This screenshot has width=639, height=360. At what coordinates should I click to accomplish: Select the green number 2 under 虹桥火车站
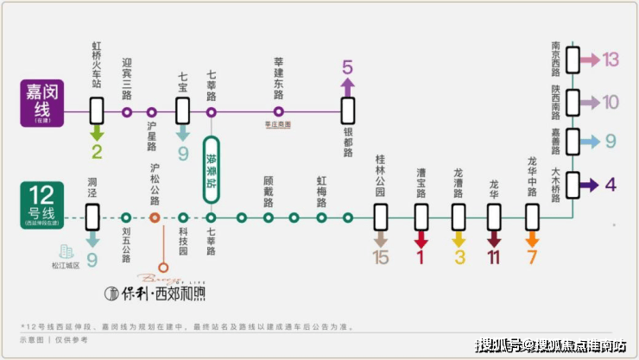(x=97, y=154)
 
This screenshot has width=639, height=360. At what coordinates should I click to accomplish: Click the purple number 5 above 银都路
(x=347, y=66)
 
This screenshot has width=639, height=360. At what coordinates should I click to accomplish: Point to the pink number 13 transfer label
(x=611, y=60)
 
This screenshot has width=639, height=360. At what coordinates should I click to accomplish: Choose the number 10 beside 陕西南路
(x=611, y=102)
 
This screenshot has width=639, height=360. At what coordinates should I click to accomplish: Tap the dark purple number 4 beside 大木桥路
(x=611, y=184)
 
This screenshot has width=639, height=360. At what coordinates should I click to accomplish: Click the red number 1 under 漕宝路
(x=421, y=256)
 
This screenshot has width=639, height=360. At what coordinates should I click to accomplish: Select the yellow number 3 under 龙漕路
(x=459, y=256)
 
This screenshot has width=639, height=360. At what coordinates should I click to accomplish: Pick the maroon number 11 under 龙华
(x=494, y=256)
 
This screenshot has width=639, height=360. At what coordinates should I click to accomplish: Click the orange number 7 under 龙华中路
(x=533, y=256)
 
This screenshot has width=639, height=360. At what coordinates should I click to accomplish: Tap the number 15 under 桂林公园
(x=381, y=256)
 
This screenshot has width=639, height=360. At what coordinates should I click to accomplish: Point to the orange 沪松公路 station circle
(x=155, y=218)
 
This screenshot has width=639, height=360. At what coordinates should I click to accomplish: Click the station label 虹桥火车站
(x=97, y=65)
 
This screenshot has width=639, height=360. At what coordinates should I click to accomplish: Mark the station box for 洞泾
(x=92, y=217)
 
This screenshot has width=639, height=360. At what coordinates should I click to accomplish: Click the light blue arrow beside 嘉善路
(x=591, y=142)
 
